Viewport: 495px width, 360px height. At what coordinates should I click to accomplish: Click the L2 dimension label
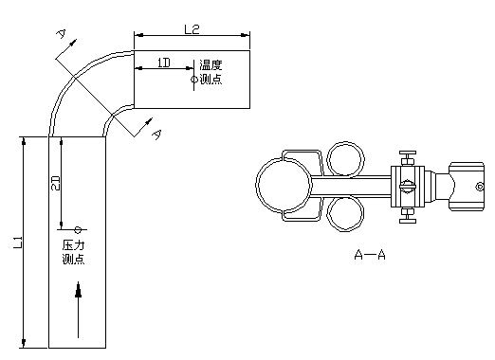[x=192, y=29]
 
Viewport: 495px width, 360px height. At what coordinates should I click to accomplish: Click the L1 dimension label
[x=18, y=243]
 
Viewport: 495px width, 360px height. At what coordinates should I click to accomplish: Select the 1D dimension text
[x=164, y=63]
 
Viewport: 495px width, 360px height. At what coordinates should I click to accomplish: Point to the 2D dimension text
[x=55, y=183]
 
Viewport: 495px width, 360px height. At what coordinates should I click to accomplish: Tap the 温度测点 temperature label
[x=211, y=72]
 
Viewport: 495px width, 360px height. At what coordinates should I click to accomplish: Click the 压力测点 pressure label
[x=73, y=252]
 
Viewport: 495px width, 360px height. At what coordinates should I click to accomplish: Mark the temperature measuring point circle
[x=194, y=80]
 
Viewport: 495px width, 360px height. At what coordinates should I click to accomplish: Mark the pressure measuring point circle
[x=78, y=229]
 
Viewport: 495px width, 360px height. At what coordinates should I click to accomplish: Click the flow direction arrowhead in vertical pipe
[x=78, y=289]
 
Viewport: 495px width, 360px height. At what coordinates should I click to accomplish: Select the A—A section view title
[x=370, y=255]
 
